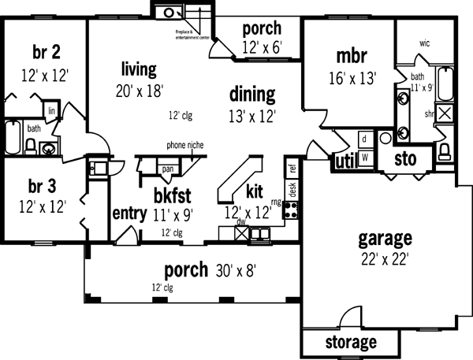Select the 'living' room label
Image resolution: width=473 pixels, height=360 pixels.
pos(139,68)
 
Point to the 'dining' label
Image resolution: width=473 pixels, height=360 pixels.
pos(252,95)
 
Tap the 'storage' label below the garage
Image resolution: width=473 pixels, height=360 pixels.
pos(351,343)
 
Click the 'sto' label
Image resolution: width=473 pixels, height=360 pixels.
pos(404,158)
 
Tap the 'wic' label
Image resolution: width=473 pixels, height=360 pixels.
pos(424,43)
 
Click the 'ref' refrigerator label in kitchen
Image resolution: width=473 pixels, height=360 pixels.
pos(292,168)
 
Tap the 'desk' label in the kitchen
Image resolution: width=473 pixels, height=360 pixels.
pos(292,189)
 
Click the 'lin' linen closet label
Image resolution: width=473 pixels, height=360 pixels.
pos(51,111)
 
